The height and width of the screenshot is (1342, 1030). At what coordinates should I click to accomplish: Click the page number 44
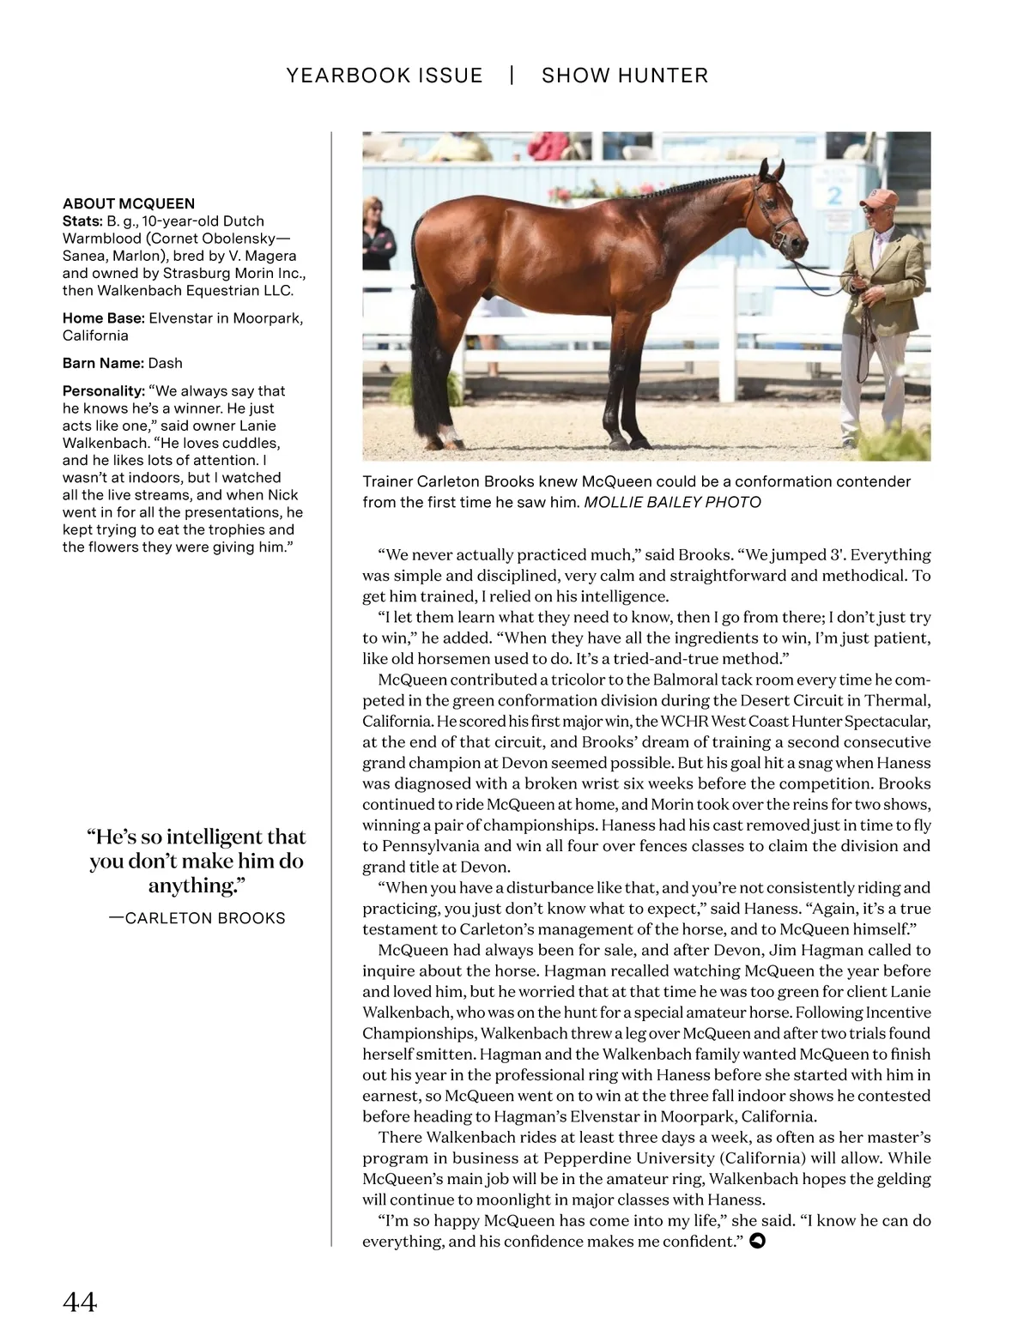coord(80,1302)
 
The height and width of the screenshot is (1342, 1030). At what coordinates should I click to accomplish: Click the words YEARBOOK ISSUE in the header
coord(385,76)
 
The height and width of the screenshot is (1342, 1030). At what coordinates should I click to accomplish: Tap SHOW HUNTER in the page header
coord(625,76)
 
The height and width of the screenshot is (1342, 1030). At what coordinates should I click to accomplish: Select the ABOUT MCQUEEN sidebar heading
coord(129,203)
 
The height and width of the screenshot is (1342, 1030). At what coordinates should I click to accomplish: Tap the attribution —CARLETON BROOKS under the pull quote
coord(197,918)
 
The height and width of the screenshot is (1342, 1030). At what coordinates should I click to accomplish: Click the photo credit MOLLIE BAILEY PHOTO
coord(673,502)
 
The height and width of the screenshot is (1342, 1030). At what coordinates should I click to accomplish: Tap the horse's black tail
coord(426,360)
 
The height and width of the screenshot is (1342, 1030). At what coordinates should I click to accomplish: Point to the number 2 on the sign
coord(833,195)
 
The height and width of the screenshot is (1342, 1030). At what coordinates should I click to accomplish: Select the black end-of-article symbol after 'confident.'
coord(757,1241)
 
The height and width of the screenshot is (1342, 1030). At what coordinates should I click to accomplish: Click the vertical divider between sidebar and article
coord(331,686)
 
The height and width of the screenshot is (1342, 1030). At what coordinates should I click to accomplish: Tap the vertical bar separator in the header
coord(512,76)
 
